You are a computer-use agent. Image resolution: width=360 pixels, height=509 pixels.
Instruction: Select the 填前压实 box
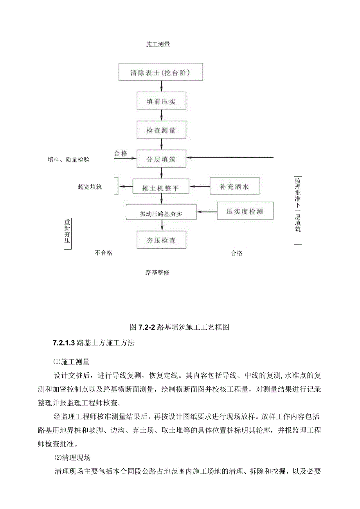point(161,102)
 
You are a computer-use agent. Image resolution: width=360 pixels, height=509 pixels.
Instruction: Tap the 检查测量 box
point(161,130)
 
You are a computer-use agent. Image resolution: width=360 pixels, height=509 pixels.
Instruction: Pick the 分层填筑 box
point(161,159)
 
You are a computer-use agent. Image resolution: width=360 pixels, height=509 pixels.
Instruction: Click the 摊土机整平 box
point(161,187)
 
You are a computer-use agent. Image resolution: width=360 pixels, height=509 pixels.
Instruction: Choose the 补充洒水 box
point(234,187)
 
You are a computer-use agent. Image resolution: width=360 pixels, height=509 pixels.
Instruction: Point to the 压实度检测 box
point(245,212)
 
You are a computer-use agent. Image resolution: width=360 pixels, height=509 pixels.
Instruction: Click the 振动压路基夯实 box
point(161,214)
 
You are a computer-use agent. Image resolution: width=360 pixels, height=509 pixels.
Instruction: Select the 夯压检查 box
point(161,240)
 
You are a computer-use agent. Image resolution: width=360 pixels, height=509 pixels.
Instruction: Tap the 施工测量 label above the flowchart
point(158,45)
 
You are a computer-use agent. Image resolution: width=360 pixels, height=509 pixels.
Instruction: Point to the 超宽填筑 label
point(90,187)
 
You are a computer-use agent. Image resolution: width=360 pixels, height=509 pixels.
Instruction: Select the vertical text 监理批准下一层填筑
point(297,205)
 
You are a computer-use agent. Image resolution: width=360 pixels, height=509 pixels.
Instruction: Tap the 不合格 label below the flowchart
point(104,253)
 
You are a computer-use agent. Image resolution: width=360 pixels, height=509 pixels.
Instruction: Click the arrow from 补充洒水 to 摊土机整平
point(200,187)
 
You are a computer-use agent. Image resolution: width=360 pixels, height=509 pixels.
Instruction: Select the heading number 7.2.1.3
point(64,343)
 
